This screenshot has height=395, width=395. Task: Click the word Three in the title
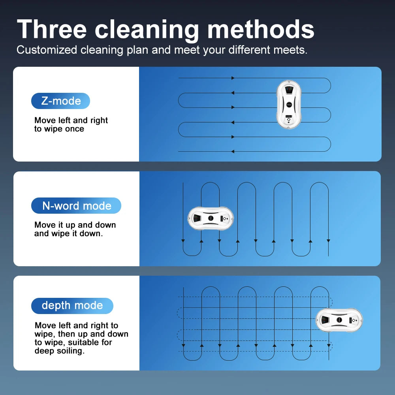click(52, 29)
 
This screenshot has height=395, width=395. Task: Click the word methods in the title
click(261, 29)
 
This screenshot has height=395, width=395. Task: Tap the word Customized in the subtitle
click(47, 50)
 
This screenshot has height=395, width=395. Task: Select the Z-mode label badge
click(60, 101)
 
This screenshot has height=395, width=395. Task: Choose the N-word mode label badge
click(76, 205)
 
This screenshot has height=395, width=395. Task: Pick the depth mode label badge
click(72, 306)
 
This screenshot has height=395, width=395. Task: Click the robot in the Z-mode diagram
click(289, 104)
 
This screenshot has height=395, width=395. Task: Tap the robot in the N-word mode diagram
click(211, 218)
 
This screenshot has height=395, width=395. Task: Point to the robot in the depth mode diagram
click(339, 320)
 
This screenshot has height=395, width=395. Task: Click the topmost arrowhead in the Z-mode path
click(233, 78)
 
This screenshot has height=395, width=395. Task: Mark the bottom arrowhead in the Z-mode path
click(233, 151)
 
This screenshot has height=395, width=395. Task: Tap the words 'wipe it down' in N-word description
click(77, 233)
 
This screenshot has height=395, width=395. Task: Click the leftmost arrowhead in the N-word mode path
click(183, 241)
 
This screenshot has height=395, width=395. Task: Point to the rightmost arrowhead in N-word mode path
click(328, 241)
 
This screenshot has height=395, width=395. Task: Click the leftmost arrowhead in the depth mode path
click(183, 345)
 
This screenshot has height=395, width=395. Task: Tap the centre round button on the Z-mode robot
click(289, 104)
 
